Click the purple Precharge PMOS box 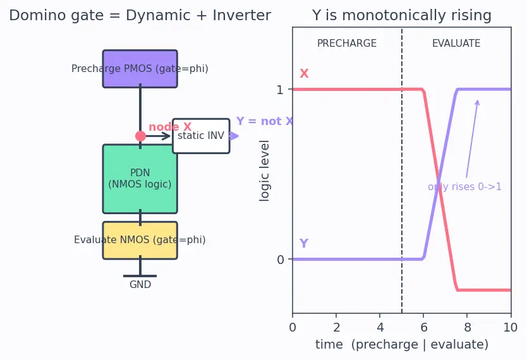(x=140, y=69)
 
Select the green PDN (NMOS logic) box (x=140, y=179)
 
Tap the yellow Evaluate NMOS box (x=140, y=240)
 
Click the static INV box (x=201, y=136)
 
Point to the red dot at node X (x=140, y=136)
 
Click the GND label (x=140, y=284)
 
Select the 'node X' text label (x=170, y=126)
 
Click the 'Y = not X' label (x=265, y=121)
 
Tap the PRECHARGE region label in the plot (x=347, y=44)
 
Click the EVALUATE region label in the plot (x=456, y=44)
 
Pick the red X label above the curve (x=304, y=73)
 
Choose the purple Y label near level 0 (x=304, y=243)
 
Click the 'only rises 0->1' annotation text (x=464, y=187)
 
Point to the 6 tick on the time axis (x=423, y=327)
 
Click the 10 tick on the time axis (x=511, y=327)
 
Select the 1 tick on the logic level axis (x=280, y=90)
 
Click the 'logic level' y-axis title (x=264, y=171)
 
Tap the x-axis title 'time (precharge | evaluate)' (x=402, y=345)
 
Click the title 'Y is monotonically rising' (x=402, y=15)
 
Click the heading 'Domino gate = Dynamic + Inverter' (x=140, y=15)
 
